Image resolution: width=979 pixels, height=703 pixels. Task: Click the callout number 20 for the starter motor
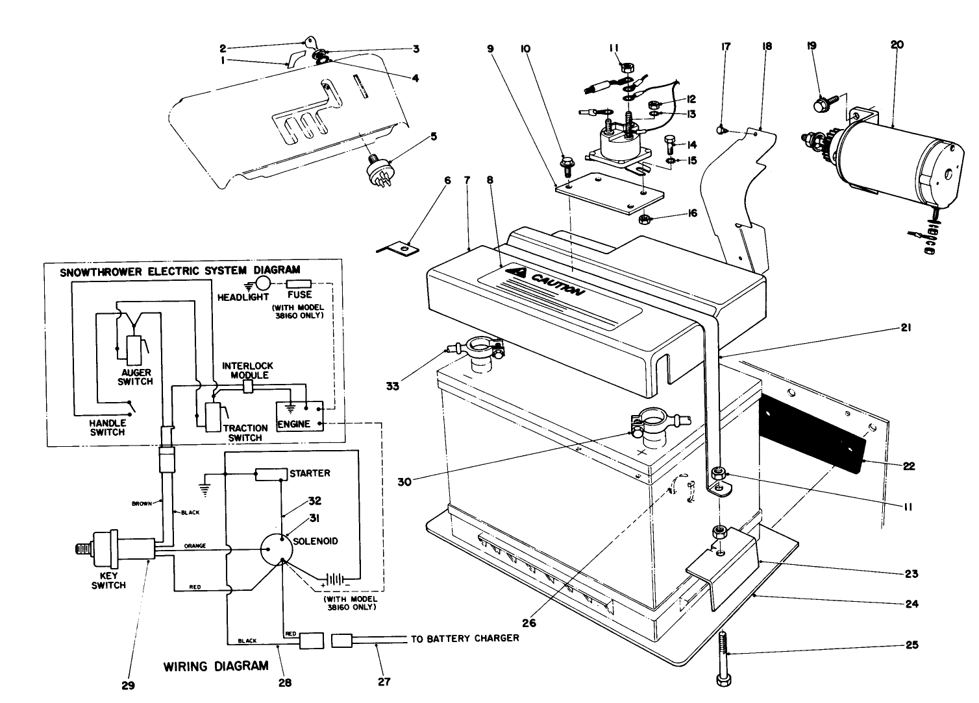click(897, 45)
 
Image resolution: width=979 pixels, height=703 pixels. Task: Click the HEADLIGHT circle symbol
click(262, 283)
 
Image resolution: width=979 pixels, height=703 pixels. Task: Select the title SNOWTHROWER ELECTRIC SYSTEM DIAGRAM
click(180, 270)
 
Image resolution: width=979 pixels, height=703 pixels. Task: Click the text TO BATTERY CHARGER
click(465, 638)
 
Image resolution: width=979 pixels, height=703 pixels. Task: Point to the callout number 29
click(128, 685)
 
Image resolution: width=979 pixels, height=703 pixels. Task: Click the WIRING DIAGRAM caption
click(216, 666)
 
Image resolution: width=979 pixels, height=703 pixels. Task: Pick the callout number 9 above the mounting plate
click(490, 48)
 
